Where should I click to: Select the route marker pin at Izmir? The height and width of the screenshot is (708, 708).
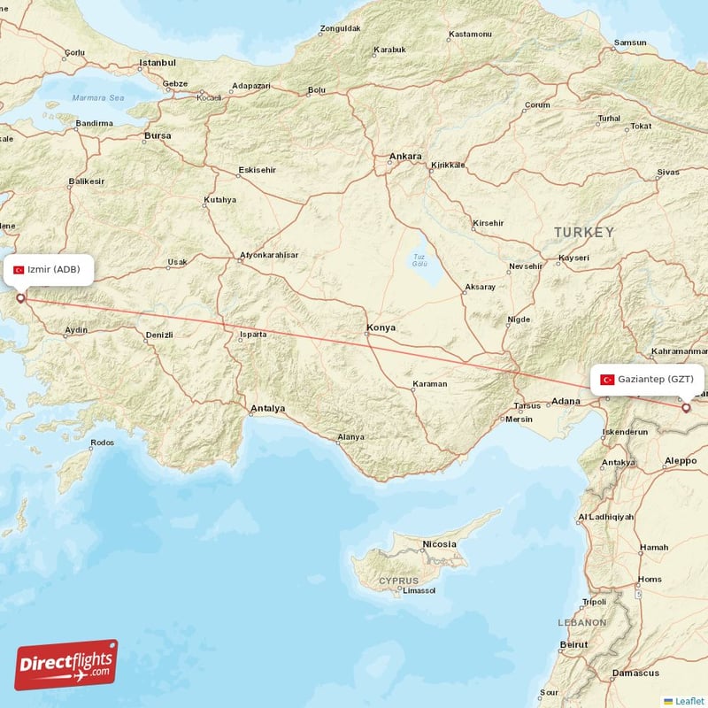point(20,298)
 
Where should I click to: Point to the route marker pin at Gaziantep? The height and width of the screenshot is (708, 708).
point(685,408)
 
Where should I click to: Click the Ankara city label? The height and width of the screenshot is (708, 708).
point(405,157)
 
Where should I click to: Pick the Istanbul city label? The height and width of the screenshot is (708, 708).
point(158,63)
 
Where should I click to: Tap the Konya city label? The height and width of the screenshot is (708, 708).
point(381,328)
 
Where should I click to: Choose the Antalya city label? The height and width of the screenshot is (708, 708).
point(268,409)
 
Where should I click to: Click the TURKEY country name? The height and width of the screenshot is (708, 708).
point(583,232)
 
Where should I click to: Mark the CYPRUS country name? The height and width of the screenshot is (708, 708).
point(398,581)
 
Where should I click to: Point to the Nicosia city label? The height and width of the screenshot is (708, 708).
point(439,543)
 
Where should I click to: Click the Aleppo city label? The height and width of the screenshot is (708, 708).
point(681,461)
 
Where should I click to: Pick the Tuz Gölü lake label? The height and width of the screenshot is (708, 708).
point(419,261)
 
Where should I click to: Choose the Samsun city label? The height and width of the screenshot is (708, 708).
point(631,42)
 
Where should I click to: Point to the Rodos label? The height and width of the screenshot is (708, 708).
point(102,442)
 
